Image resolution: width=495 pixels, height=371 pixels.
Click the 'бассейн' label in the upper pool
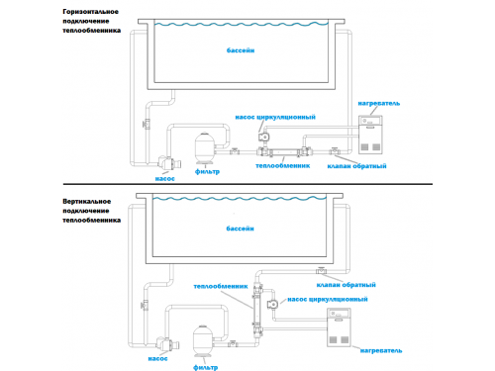[241, 50]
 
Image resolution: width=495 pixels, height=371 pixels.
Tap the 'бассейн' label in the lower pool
[240, 229]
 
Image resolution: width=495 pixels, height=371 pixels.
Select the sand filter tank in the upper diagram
[205, 148]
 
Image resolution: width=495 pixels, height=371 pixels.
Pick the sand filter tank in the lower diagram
[203, 341]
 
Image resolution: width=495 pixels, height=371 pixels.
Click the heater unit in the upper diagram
[370, 135]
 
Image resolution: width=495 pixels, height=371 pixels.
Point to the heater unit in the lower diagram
[339, 327]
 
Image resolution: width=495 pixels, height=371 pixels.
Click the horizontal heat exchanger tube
[283, 152]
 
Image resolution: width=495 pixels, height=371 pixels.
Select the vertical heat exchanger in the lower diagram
[256, 310]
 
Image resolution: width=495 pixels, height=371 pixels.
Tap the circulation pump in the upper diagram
[264, 137]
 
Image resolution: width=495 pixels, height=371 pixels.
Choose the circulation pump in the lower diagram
[273, 304]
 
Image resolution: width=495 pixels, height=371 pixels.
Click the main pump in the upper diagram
[169, 162]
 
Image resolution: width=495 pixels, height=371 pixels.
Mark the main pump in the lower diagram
[167, 344]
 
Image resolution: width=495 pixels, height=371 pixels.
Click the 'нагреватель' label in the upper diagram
[379, 104]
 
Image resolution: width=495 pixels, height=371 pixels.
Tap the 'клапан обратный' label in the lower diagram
[346, 285]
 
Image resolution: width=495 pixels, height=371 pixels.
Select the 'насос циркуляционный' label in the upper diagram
[275, 117]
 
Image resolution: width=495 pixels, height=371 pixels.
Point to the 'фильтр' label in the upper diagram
[207, 171]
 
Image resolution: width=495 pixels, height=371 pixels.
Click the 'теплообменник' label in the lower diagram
[221, 286]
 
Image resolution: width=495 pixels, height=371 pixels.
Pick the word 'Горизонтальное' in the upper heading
[90, 12]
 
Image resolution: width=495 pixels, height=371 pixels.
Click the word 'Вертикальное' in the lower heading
[87, 202]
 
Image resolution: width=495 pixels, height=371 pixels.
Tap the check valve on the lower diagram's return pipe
[321, 270]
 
